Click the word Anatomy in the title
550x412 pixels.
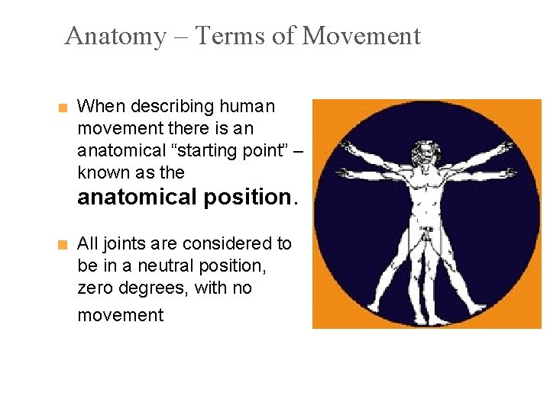[x=115, y=36]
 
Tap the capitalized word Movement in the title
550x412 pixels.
[x=361, y=36]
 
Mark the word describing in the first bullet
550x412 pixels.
[x=173, y=106]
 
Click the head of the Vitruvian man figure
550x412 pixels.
[x=422, y=152]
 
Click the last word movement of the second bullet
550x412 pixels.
[x=120, y=315]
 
